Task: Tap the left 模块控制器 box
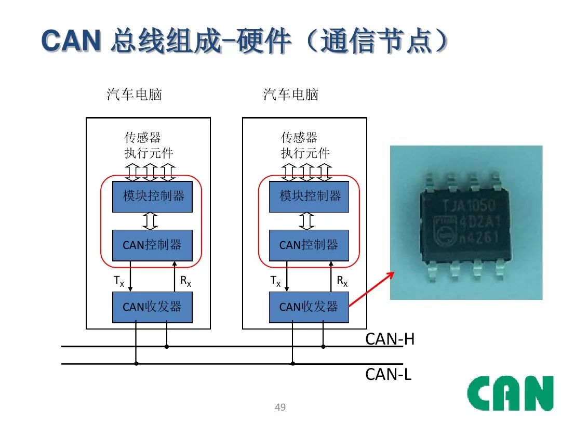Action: pyautogui.click(x=152, y=196)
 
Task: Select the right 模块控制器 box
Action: pyautogui.click(x=309, y=196)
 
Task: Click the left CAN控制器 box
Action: pyautogui.click(x=152, y=245)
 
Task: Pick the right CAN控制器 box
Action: pyautogui.click(x=309, y=245)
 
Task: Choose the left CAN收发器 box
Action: pyautogui.click(x=152, y=307)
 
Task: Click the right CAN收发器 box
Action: pyautogui.click(x=309, y=307)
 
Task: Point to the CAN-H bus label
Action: pyautogui.click(x=390, y=339)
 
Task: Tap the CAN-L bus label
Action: pyautogui.click(x=389, y=374)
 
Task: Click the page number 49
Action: pyautogui.click(x=280, y=407)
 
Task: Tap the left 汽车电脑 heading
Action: pyautogui.click(x=135, y=95)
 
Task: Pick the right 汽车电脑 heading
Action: pyautogui.click(x=291, y=95)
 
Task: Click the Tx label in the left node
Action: pyautogui.click(x=119, y=281)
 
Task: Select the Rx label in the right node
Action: pyautogui.click(x=342, y=281)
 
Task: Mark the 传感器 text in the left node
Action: pyautogui.click(x=143, y=138)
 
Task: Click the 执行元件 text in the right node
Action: pyautogui.click(x=305, y=153)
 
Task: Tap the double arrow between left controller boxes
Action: pyautogui.click(x=150, y=221)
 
